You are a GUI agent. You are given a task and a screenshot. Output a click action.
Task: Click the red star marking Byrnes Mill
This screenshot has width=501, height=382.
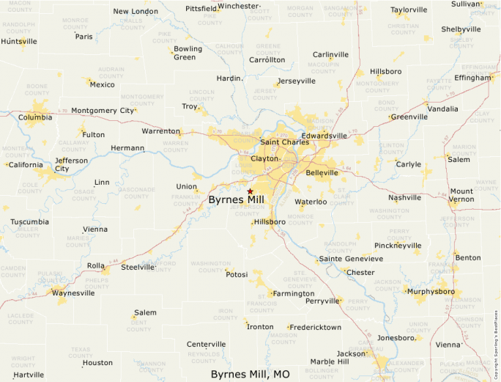pos(250,191)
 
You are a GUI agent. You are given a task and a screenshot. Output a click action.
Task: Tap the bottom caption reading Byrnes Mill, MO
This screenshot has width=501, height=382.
pos(250,374)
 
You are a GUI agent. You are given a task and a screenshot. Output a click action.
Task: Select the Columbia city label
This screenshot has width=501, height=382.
pos(35,117)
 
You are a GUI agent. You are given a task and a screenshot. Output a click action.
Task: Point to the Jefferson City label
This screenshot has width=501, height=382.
pos(71,164)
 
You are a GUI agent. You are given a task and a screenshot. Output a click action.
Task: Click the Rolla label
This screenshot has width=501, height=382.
pos(95,265)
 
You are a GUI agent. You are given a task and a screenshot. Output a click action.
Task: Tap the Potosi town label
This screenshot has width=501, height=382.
pos(237,274)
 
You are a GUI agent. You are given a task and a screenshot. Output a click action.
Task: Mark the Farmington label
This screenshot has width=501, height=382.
pos(293,293)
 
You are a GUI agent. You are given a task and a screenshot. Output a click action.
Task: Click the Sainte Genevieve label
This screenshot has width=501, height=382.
pos(350,259)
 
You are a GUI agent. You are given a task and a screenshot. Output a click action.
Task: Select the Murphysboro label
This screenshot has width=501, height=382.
pos(431,291)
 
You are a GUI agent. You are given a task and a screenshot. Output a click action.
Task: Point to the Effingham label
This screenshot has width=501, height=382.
pos(472,78)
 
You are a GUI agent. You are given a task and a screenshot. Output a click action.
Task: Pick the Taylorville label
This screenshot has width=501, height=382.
pos(409,10)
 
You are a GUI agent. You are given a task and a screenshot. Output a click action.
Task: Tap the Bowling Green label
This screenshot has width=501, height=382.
pos(188,53)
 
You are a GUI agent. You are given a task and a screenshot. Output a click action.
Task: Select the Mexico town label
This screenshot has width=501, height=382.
pos(102,84)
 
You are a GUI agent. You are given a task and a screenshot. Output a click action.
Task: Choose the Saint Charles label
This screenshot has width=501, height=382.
pos(281,142)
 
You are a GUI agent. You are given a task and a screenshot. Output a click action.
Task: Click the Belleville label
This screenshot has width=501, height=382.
pos(322,173)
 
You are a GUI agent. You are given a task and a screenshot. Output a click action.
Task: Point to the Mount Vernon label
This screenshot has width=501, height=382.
pos(461,195)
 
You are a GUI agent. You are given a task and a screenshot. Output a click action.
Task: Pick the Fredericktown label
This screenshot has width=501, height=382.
pos(315,327)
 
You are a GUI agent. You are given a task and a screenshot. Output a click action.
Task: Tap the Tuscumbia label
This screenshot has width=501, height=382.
pos(30,221)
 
